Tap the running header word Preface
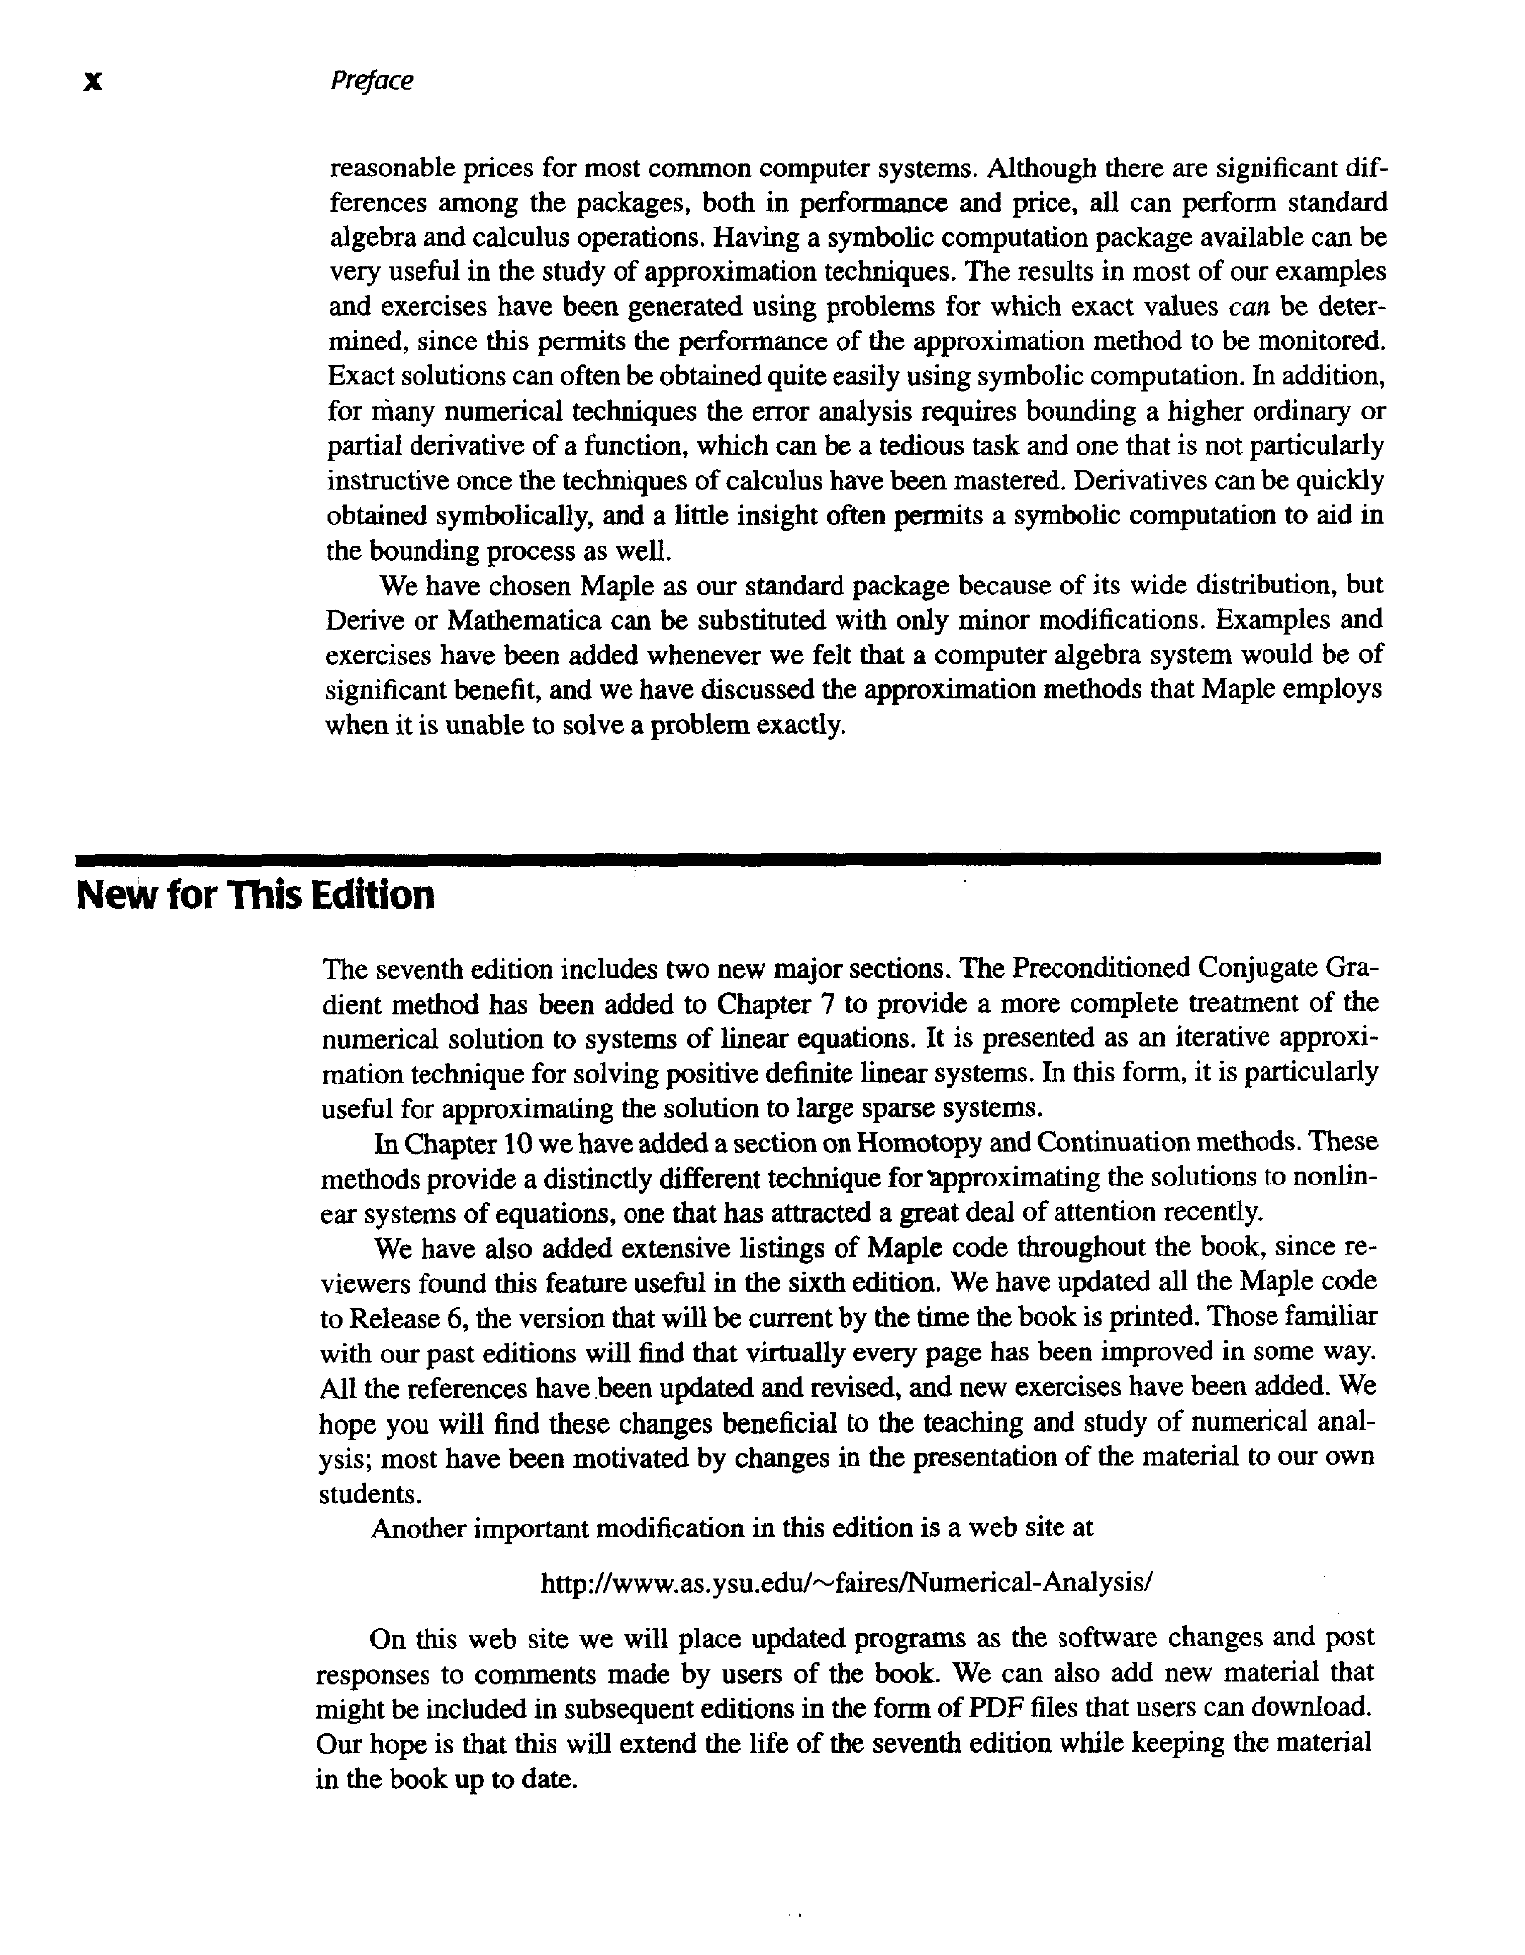click(x=372, y=80)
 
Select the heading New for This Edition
click(x=255, y=895)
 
